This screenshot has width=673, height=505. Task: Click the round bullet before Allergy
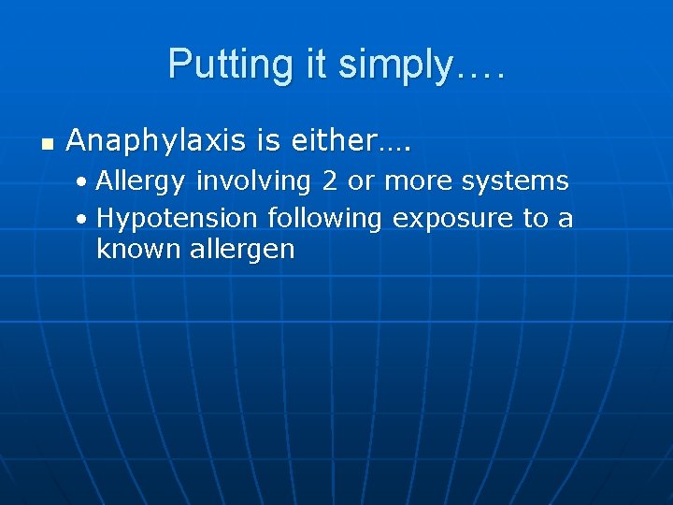coord(84,180)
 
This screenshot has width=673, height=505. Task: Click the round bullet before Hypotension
coord(84,220)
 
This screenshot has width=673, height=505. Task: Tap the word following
coord(325,219)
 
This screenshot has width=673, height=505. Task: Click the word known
coord(129,250)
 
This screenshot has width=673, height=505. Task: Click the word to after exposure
coord(536,219)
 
